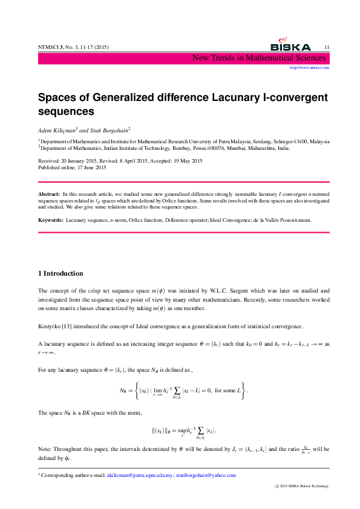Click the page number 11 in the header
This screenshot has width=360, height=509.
coord(327,47)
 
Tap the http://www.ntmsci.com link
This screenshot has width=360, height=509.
coord(310,68)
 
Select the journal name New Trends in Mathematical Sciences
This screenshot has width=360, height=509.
coord(260,58)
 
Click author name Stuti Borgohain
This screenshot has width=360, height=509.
coord(108,130)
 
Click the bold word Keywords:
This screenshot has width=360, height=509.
coord(51,220)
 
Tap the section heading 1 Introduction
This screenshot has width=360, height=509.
coord(61,273)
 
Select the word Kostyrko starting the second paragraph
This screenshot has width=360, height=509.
coord(50,326)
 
